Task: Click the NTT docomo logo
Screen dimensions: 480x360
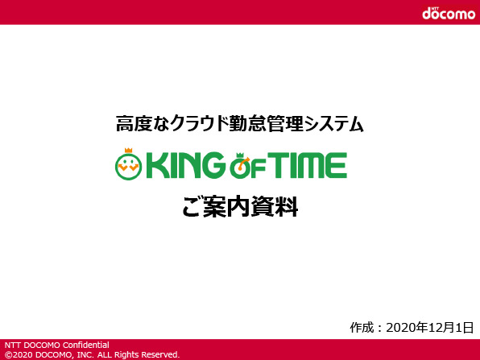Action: [449, 13]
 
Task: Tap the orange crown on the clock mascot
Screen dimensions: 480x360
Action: [129, 151]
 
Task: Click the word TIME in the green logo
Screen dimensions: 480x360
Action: [307, 165]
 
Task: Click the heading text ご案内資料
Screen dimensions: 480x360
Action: [240, 207]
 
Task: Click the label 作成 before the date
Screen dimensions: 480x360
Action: [362, 327]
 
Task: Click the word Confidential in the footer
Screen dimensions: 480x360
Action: [85, 345]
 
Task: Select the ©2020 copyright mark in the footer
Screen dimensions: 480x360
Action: [19, 354]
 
